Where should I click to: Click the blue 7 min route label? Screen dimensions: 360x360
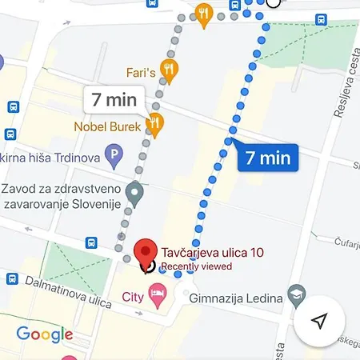[267, 158]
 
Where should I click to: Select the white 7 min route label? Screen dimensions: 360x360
[114, 101]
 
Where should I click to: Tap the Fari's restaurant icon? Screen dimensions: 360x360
[169, 70]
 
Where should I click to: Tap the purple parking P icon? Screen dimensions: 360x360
[114, 154]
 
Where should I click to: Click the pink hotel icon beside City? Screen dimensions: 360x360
[158, 297]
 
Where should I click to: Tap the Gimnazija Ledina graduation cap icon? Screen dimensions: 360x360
[297, 294]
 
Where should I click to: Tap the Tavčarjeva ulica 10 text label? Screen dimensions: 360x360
[212, 253]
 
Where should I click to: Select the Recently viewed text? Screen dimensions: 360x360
[196, 266]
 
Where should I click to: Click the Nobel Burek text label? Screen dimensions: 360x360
[107, 126]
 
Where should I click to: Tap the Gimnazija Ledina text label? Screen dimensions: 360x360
[238, 298]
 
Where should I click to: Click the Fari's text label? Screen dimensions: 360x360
[139, 72]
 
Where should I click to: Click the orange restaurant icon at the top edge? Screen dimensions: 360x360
[204, 12]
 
